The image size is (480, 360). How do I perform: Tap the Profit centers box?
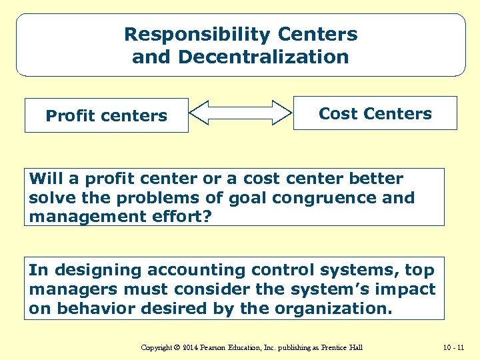click(x=107, y=116)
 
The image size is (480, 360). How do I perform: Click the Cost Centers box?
click(x=375, y=114)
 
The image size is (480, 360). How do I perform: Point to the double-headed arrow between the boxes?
click(x=241, y=113)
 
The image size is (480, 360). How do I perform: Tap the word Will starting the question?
click(x=45, y=179)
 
